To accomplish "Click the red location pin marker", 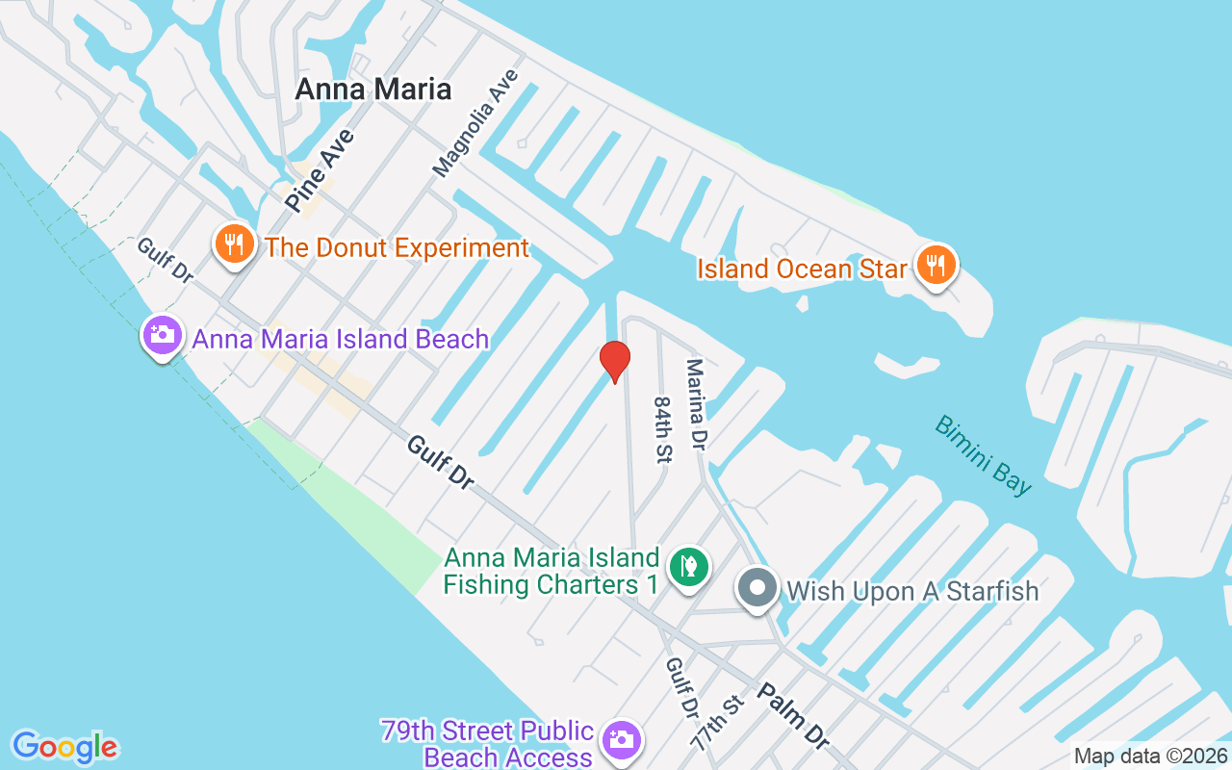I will (x=614, y=361).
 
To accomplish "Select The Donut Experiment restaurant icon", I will (x=234, y=244).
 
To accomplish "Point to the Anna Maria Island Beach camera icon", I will (x=162, y=336).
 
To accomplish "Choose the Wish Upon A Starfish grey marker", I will (x=757, y=588).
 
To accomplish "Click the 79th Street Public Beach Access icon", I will (x=622, y=740).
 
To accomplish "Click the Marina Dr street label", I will (x=697, y=405).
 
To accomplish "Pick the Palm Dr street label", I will (x=793, y=717).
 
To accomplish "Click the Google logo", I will (x=65, y=747).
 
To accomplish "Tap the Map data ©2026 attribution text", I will (x=1150, y=757).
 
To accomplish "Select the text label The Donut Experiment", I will (x=397, y=247).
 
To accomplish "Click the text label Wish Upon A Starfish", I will (x=912, y=590).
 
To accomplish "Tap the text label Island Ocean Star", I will (x=803, y=268).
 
